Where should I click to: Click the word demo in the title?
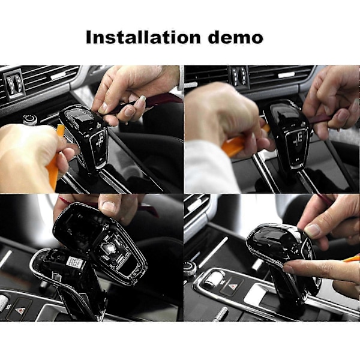[236, 37]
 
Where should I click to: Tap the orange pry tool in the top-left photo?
[55, 158]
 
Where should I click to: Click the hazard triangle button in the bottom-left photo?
[19, 310]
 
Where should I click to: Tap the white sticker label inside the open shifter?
[74, 262]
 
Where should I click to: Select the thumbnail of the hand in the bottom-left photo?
[110, 206]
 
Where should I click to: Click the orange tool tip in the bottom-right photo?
[352, 259]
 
